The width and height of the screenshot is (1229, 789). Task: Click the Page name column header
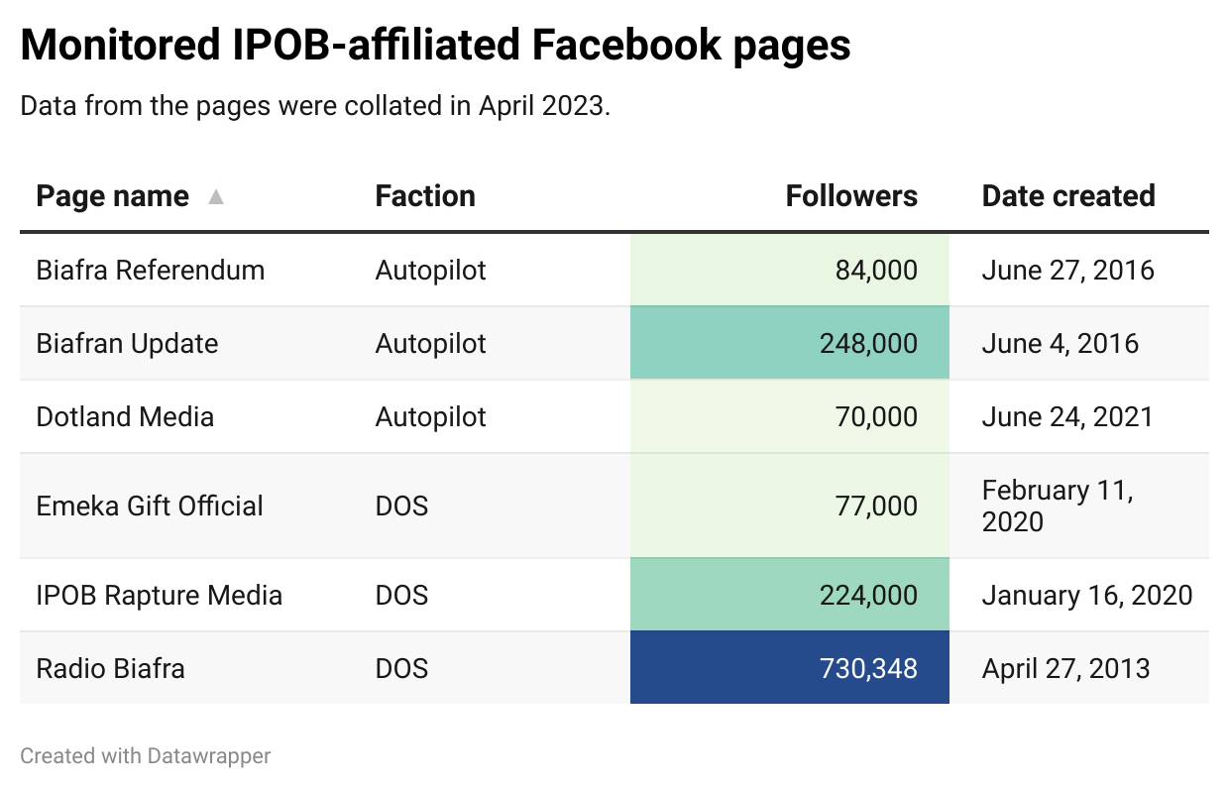click(112, 196)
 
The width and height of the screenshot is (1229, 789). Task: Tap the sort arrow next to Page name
click(216, 196)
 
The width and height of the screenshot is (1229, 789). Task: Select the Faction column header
click(425, 196)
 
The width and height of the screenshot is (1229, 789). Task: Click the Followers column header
click(850, 196)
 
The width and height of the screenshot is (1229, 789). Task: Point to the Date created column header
click(1067, 196)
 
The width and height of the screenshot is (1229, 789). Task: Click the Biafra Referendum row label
click(151, 270)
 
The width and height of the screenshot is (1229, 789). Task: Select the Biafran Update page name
click(127, 343)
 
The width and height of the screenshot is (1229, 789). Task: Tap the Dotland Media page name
click(125, 416)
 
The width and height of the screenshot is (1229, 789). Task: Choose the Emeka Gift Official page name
click(150, 506)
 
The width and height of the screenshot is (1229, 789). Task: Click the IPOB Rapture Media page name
click(160, 595)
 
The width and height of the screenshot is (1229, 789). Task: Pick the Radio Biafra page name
click(110, 668)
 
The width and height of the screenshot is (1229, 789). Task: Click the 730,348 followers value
click(868, 668)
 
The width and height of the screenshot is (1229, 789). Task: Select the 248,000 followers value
click(868, 343)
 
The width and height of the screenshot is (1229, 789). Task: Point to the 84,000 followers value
click(876, 270)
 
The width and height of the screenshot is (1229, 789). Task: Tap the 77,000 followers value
click(876, 506)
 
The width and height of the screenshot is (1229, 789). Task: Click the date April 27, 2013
click(1065, 668)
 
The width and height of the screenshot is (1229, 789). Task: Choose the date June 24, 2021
click(1067, 416)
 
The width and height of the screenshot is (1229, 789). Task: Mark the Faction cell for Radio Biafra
click(401, 668)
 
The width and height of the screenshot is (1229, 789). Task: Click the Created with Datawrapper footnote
click(146, 756)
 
